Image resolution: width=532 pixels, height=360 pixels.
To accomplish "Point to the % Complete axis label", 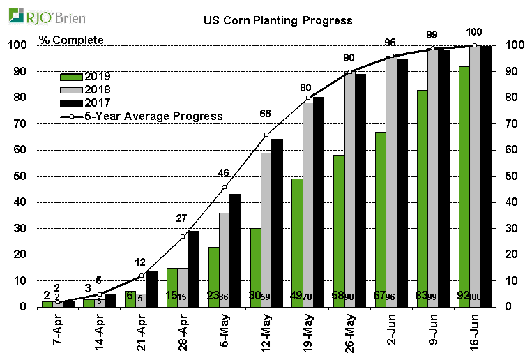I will (x=71, y=40).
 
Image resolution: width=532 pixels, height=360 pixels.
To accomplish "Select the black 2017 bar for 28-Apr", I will (x=193, y=269).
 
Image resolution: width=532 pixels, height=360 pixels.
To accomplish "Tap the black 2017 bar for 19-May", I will (x=318, y=202).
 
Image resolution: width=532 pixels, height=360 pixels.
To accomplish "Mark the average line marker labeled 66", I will (x=266, y=135).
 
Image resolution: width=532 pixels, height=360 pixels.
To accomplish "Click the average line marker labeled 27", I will (x=183, y=237).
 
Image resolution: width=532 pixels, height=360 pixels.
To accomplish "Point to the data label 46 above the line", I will (x=224, y=172).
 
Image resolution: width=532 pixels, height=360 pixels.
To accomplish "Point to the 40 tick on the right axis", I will (x=510, y=202).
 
